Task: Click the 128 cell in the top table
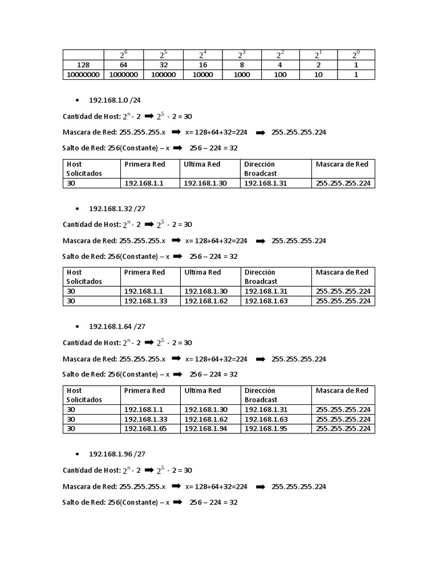coord(83,65)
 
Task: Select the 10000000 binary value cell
coord(83,74)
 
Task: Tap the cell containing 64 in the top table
coord(123,65)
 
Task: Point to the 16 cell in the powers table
coord(202,65)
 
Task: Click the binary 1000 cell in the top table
coord(242,74)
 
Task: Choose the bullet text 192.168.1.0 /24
coord(115,100)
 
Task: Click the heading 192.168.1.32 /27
coord(117,208)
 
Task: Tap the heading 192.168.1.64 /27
coord(117,326)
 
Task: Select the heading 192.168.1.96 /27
coord(117,454)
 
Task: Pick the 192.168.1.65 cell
coord(145,428)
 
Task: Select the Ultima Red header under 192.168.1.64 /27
coord(202,391)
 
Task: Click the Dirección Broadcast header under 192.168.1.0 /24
coord(261,168)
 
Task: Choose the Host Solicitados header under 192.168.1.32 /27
coord(84,277)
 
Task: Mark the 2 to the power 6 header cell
coord(123,55)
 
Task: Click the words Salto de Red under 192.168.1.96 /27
coord(84,502)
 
